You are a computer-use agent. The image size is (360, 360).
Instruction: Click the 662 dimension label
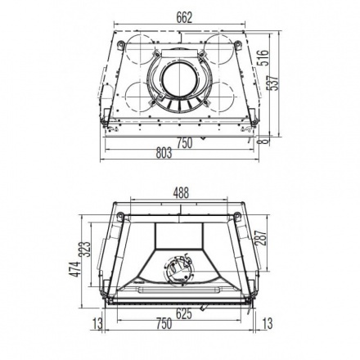181,14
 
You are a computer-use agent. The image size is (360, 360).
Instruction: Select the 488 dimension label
181,193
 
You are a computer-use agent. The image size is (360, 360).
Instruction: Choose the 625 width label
184,313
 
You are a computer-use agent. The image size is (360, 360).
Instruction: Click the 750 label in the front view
164,324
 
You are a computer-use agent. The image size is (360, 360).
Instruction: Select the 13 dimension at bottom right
268,324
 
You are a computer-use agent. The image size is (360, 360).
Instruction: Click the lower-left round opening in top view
131,97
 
